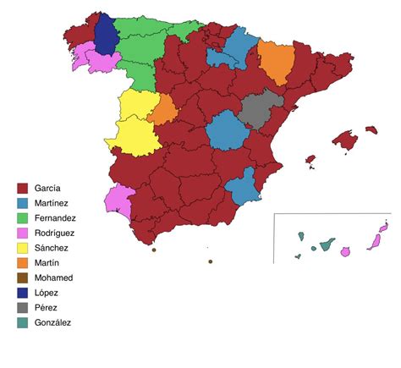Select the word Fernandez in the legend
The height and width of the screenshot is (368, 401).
point(56,217)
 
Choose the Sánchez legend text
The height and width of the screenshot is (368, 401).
point(52,248)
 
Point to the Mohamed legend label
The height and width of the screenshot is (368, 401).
point(53,277)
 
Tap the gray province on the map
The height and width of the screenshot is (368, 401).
point(257,109)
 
